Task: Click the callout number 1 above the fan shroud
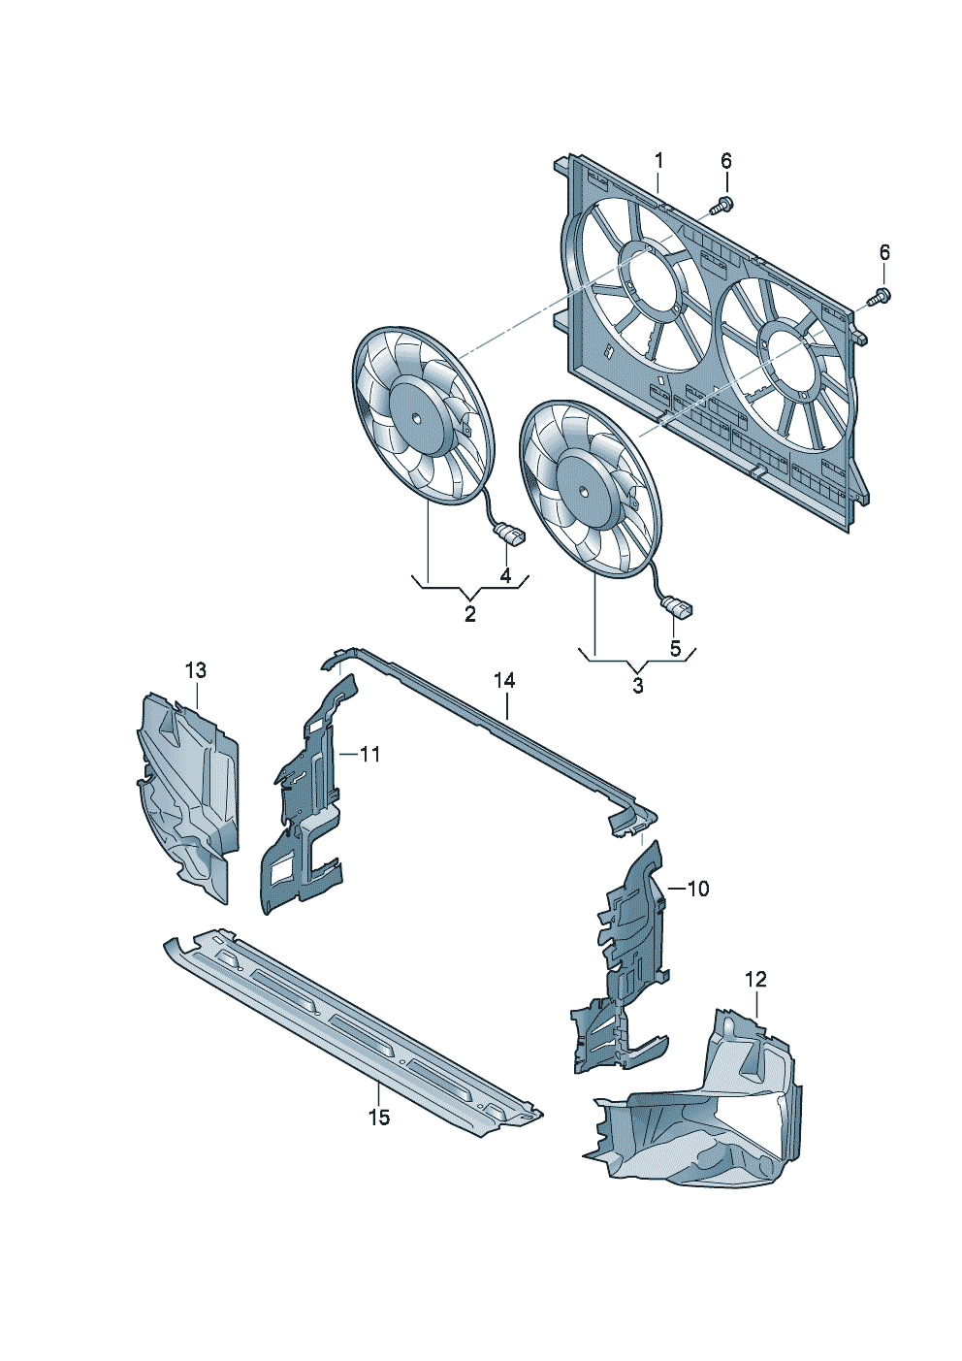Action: point(658,162)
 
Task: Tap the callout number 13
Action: point(196,670)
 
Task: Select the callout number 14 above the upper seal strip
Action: point(504,681)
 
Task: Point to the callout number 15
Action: point(379,1117)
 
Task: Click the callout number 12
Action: point(756,980)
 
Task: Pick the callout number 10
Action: point(698,889)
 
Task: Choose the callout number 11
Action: point(369,755)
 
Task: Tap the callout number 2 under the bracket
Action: point(470,614)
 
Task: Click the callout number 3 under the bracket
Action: point(638,686)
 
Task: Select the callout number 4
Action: point(506,575)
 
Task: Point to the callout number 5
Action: point(675,648)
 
